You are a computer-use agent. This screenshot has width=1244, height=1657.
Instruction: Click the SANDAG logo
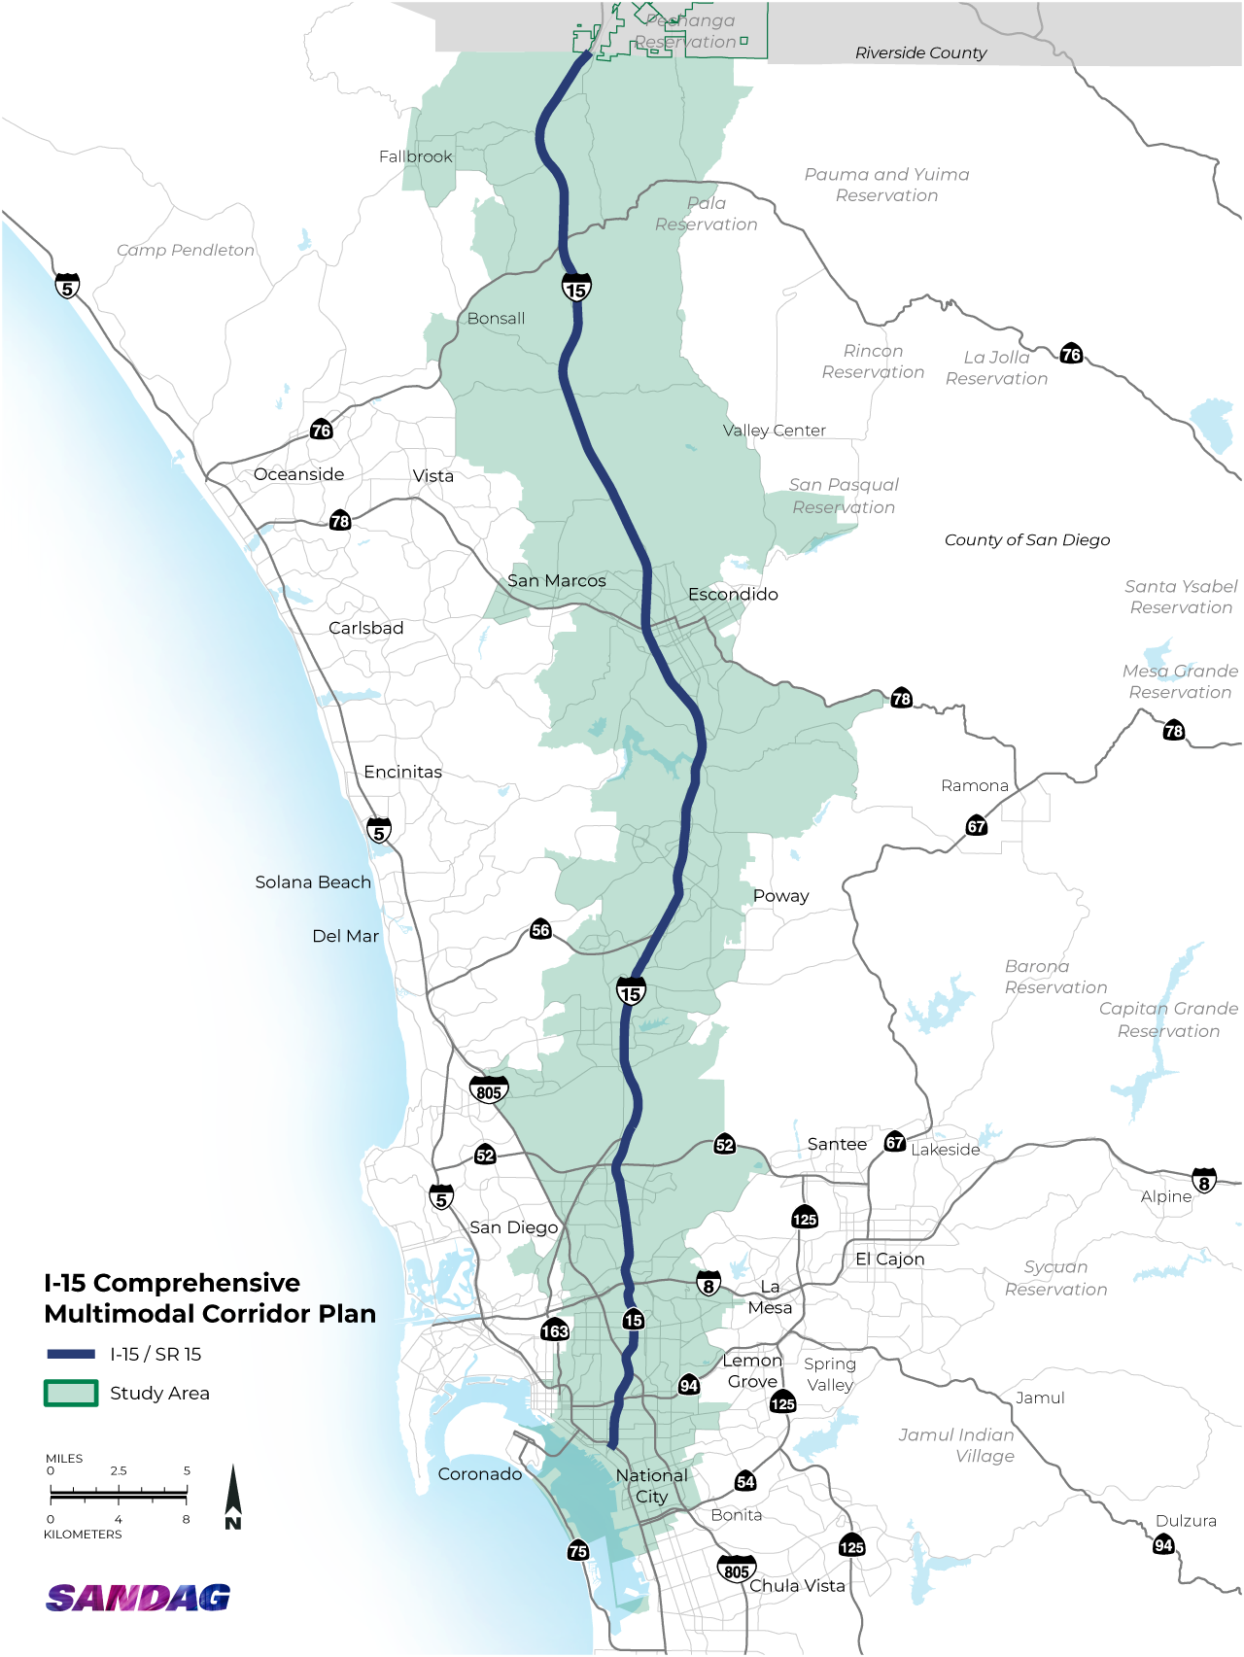138,1598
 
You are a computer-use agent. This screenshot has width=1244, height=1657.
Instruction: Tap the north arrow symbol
233,1497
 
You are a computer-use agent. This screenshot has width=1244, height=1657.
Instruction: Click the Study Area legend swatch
71,1393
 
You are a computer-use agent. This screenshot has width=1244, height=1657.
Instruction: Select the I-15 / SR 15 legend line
71,1354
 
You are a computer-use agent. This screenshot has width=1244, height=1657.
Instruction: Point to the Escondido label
733,594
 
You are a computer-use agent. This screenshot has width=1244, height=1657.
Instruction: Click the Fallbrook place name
416,156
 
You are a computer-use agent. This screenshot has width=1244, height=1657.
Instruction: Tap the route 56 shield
540,930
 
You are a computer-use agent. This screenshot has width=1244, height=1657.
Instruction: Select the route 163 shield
555,1330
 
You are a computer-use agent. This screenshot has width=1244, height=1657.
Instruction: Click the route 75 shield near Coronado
578,1551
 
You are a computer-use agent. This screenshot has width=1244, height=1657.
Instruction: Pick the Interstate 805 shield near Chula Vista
737,1570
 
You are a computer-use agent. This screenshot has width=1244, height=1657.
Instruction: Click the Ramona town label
975,785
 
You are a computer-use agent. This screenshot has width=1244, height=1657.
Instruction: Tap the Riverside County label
920,52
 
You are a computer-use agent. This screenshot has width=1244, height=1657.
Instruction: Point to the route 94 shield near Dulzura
1163,1544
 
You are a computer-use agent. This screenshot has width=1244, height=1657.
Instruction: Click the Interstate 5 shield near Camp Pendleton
67,287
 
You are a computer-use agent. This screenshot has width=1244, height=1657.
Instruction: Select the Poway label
781,896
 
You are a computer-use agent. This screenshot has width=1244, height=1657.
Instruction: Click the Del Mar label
345,936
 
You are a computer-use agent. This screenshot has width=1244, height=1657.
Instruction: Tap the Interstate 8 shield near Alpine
1204,1182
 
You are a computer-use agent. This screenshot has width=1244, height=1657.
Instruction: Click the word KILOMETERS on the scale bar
83,1535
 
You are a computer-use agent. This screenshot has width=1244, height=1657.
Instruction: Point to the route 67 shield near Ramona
977,826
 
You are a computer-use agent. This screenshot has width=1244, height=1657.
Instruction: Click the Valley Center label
775,431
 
